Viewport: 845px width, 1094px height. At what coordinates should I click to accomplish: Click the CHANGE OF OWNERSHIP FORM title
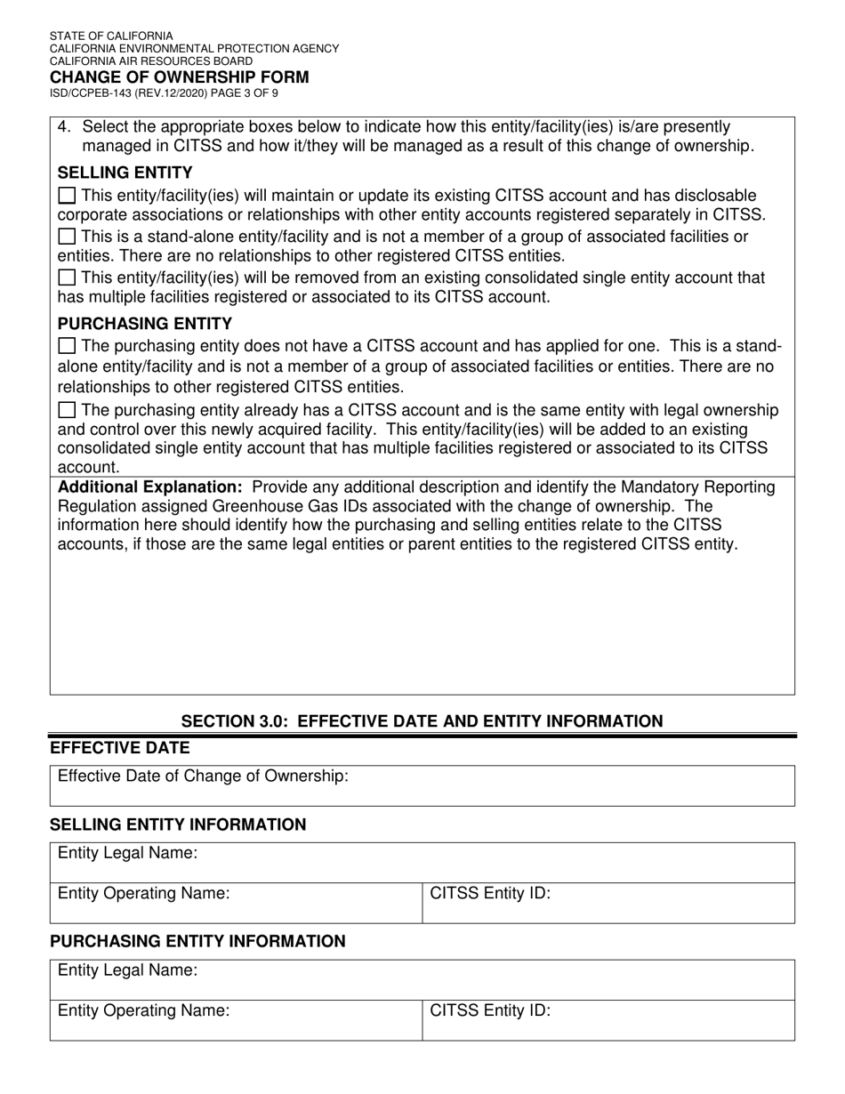(x=179, y=76)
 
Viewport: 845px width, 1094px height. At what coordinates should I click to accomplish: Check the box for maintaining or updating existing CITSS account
(x=67, y=196)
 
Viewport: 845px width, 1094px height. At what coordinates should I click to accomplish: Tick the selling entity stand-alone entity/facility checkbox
(x=67, y=237)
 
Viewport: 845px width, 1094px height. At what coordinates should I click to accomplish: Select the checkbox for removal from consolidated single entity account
(x=67, y=278)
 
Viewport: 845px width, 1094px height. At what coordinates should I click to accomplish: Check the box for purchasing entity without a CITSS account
(x=67, y=346)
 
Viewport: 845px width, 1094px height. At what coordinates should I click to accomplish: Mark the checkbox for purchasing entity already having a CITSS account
(x=67, y=410)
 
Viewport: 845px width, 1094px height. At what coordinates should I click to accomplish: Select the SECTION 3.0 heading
(x=422, y=721)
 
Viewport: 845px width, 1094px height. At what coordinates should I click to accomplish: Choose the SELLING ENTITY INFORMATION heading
(x=178, y=825)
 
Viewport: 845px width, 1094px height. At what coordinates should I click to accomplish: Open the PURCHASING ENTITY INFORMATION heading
(x=197, y=941)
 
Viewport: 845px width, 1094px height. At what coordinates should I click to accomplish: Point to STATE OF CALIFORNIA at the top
(x=111, y=36)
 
